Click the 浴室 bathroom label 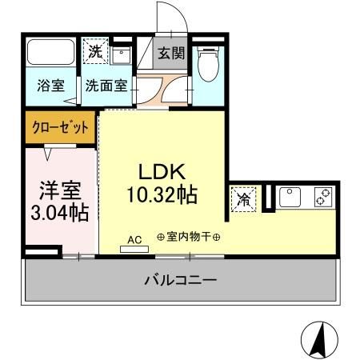coord(51,86)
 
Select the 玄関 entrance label coord(170,54)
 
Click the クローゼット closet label coord(60,126)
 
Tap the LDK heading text coord(163,171)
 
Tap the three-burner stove coord(323,196)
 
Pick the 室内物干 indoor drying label coord(189,238)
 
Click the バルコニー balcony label coord(180,280)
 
